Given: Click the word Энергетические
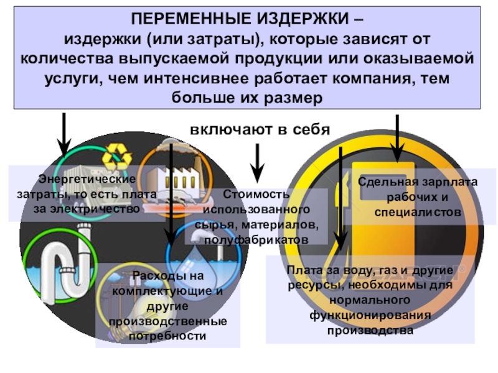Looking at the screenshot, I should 87,179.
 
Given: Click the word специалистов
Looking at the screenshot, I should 418,213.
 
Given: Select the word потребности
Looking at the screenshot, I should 167,336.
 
